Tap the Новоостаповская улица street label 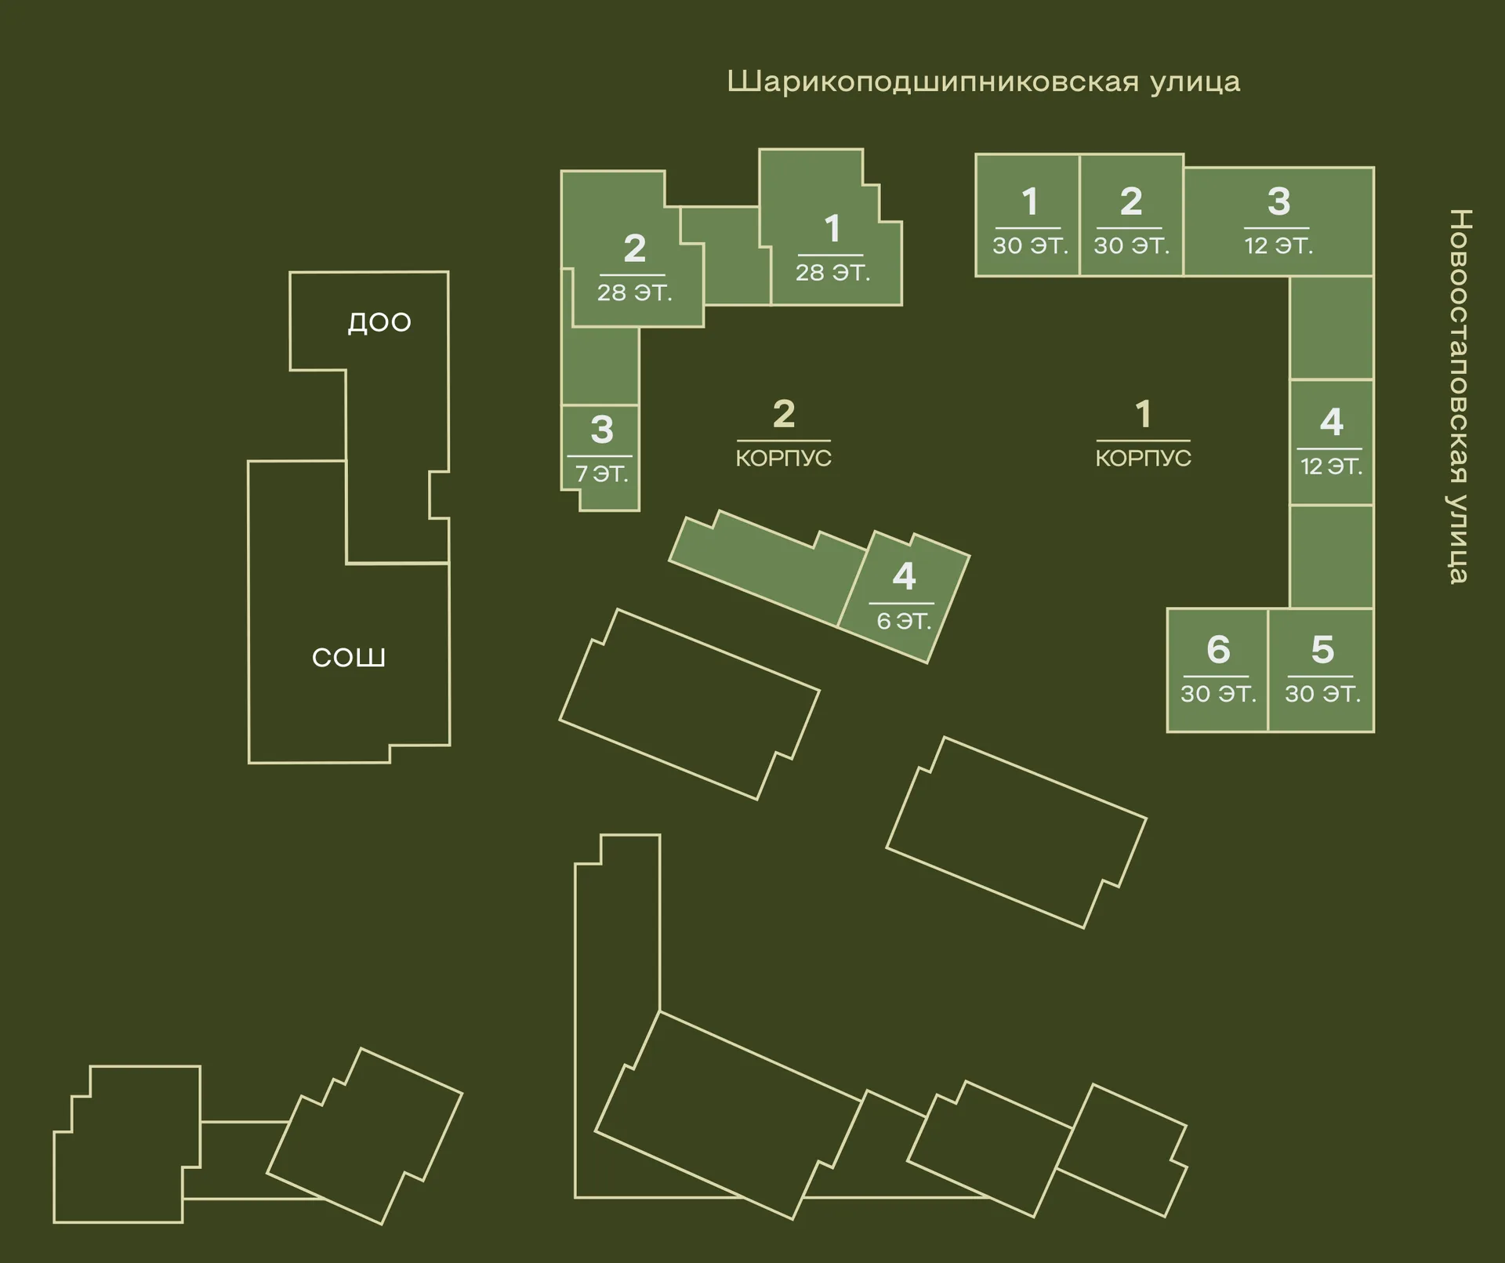(1458, 396)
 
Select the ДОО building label (379, 322)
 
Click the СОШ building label (349, 657)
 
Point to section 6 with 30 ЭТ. (1217, 670)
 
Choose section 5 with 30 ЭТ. (1322, 670)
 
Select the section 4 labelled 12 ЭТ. (1331, 442)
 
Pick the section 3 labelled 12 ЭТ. (1278, 221)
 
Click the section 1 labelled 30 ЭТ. (1028, 216)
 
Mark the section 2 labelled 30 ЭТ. (1131, 216)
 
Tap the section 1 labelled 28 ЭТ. (832, 235)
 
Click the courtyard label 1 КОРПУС (1143, 434)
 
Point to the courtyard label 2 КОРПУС (783, 434)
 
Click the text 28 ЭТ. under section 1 (832, 273)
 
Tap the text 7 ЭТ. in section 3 (602, 474)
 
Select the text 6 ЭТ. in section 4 (904, 622)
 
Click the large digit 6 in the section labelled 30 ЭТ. (1218, 649)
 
